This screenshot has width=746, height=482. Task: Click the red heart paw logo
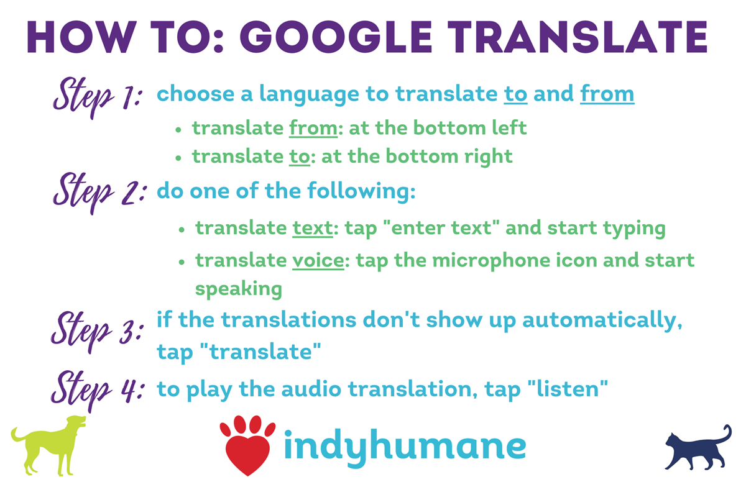pos(247,444)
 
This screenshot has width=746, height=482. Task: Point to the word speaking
pos(239,289)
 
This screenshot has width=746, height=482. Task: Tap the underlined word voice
pos(318,260)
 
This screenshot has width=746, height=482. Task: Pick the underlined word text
pos(313,228)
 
